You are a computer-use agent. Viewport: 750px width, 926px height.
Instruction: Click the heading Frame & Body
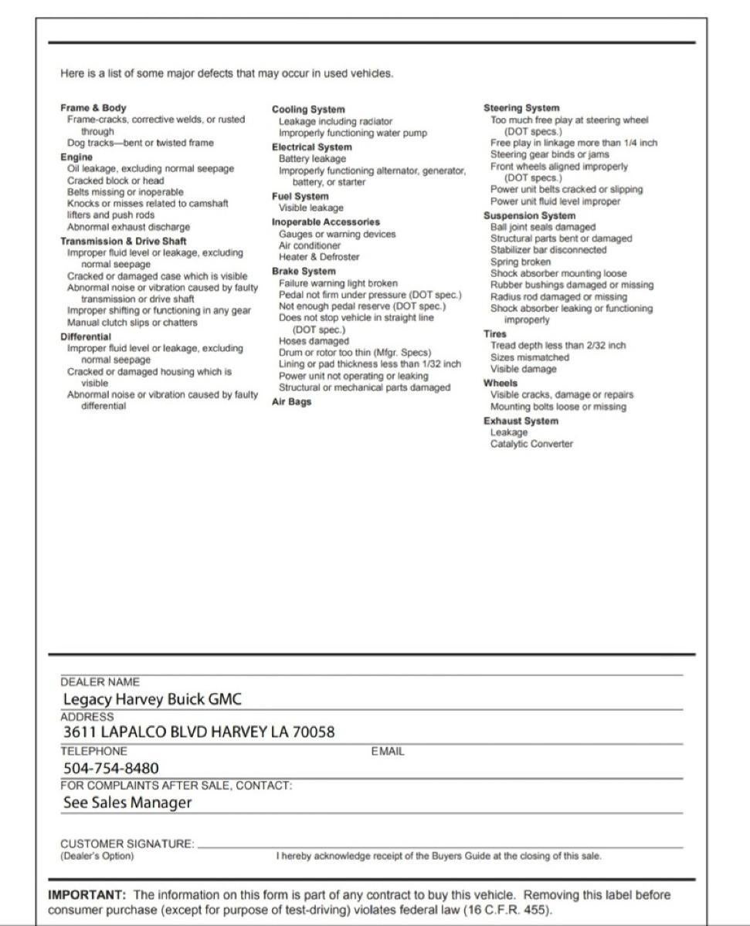(x=93, y=108)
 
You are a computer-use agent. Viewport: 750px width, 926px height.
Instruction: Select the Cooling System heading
(x=308, y=110)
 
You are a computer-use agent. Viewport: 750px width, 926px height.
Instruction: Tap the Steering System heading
(x=521, y=108)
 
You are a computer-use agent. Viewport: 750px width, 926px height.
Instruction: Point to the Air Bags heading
(x=291, y=402)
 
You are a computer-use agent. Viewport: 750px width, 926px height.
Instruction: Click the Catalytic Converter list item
(x=531, y=444)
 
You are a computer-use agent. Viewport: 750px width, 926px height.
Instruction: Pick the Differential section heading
(x=86, y=336)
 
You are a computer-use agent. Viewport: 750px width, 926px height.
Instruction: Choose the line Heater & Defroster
(x=319, y=257)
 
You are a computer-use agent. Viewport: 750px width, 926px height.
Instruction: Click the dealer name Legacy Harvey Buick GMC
(x=152, y=700)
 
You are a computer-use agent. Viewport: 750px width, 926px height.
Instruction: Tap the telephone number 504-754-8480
(x=111, y=768)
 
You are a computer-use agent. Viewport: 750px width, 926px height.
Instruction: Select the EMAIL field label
(x=388, y=751)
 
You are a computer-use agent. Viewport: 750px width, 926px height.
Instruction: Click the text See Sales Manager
(x=127, y=803)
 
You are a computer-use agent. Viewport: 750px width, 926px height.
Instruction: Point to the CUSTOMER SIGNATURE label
(x=127, y=844)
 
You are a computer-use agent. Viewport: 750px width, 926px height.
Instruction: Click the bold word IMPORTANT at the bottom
(x=86, y=895)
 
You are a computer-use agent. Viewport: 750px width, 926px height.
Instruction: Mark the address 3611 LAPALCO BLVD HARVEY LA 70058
(x=199, y=732)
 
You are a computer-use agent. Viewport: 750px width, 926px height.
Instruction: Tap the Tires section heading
(x=495, y=334)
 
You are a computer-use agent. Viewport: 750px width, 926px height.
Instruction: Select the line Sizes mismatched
(x=529, y=357)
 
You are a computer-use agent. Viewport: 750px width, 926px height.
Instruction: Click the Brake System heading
(x=304, y=272)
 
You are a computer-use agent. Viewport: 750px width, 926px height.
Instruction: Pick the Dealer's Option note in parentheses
(x=97, y=856)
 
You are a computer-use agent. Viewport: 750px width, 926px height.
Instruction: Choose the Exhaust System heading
(x=521, y=421)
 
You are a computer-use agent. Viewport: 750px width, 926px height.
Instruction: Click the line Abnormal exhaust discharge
(x=128, y=227)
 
